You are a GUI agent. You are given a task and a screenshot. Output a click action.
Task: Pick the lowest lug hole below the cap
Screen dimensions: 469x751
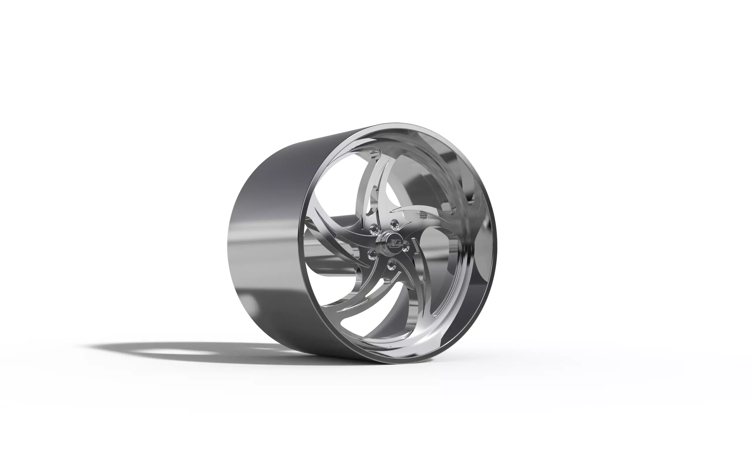pyautogui.click(x=390, y=265)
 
